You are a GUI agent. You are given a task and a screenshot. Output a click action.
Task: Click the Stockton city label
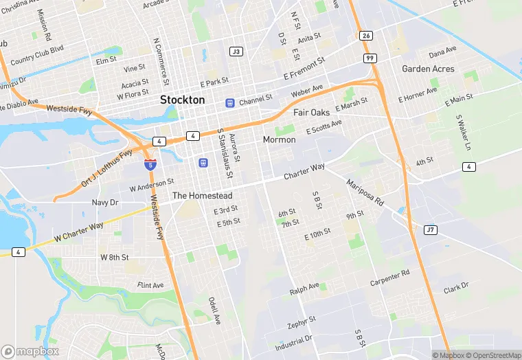[x=182, y=100]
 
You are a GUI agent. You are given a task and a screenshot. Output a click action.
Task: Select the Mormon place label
[x=279, y=139]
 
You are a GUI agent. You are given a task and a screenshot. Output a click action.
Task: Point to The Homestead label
[x=202, y=196]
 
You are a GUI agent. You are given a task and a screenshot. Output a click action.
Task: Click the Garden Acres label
[x=428, y=69]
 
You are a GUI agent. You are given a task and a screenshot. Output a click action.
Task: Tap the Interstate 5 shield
[x=150, y=164]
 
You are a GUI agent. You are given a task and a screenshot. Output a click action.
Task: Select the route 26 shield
[x=366, y=36]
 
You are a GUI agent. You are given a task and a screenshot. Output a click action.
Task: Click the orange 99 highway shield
[x=371, y=59]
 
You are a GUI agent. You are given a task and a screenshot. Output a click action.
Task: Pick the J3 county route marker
[x=236, y=52]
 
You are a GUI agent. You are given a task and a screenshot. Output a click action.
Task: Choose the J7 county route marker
[x=431, y=229]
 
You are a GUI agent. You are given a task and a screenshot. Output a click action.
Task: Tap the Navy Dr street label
[x=105, y=203]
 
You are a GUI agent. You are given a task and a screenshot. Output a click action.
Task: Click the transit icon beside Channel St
[x=229, y=103]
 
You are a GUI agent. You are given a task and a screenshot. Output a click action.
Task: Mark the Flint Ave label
[x=150, y=285]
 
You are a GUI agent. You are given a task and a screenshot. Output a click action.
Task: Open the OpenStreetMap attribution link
[x=490, y=355]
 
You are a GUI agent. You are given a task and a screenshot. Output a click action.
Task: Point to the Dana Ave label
[x=442, y=53]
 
